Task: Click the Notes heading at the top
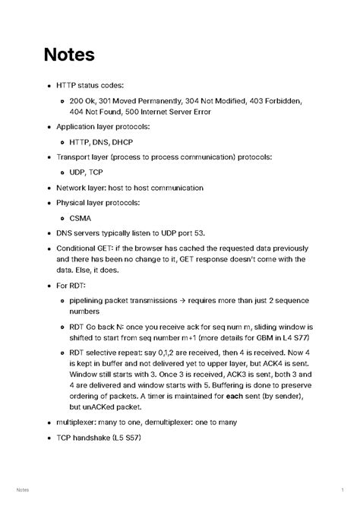[x=68, y=55]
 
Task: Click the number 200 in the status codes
[x=77, y=100]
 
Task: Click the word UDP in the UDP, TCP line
[x=78, y=172]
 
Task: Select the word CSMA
[x=81, y=218]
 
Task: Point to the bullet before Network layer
[x=49, y=188]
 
